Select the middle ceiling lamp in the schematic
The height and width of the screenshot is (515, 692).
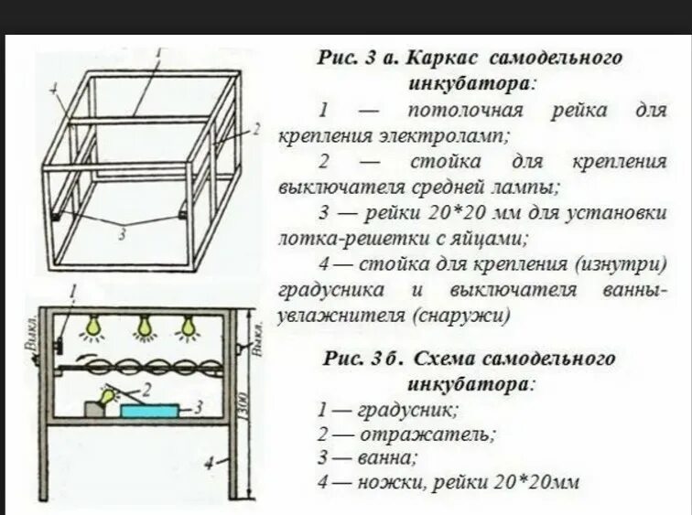tap(143, 327)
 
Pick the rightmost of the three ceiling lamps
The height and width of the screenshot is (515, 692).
tap(189, 327)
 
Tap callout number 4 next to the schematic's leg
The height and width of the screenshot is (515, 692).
tap(211, 463)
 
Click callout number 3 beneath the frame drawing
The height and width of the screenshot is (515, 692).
tap(122, 234)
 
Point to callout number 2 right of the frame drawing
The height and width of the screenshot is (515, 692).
tap(258, 129)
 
